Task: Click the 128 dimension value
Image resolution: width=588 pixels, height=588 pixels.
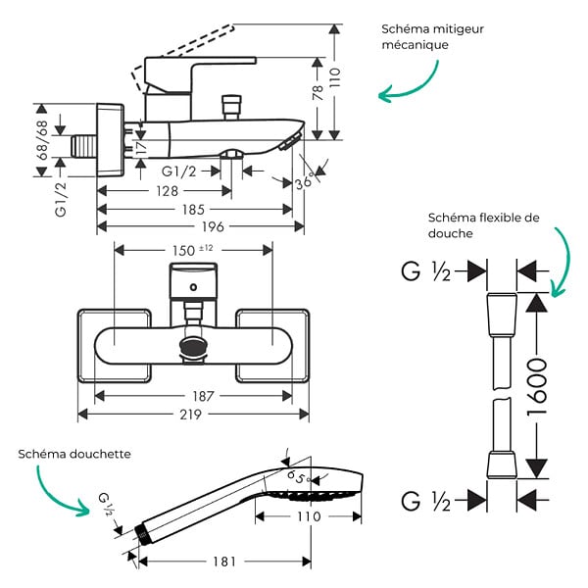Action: pos(167,191)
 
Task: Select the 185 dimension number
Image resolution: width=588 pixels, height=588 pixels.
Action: pos(193,210)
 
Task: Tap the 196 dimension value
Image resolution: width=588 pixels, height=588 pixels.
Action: pos(213,226)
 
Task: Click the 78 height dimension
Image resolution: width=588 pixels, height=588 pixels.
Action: pos(318,93)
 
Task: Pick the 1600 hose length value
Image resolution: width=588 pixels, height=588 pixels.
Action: pos(537,387)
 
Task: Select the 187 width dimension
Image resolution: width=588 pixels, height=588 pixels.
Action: pos(203,396)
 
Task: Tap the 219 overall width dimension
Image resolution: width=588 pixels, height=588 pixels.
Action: pos(190,415)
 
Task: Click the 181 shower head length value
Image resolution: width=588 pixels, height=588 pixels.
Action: pos(224,562)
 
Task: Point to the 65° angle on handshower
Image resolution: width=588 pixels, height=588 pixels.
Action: pos(299,477)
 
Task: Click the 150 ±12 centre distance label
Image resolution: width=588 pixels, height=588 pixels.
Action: pos(193,250)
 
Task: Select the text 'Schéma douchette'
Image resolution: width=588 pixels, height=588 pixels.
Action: pos(74,454)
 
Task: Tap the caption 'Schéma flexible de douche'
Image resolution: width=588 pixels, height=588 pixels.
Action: pos(484,225)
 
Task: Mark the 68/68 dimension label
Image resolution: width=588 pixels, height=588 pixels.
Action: pos(42,140)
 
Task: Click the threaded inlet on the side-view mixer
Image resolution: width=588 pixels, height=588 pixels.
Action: pos(84,146)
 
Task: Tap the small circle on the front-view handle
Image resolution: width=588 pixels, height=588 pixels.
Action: pos(193,287)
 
